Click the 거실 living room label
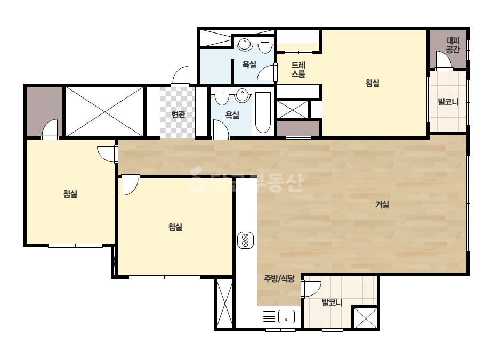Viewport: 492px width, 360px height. (382, 204)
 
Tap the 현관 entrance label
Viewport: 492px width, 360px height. (178, 114)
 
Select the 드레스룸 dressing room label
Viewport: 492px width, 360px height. (298, 69)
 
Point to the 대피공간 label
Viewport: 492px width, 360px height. (453, 45)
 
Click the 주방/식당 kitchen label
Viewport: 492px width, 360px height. (279, 279)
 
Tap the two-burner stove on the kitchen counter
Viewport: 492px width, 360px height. (245, 240)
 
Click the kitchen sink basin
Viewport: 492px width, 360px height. (286, 316)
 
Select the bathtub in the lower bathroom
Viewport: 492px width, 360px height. (263, 112)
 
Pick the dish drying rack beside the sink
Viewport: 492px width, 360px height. (269, 316)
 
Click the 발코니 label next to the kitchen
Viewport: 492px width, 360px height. (332, 302)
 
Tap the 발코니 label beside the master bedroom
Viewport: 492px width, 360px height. (448, 102)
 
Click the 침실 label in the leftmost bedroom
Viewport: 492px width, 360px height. (70, 193)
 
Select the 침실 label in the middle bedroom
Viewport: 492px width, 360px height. (175, 226)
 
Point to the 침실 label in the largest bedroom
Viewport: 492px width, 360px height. (373, 83)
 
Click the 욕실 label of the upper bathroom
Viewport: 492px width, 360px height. (249, 64)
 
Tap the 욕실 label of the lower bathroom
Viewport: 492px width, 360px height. (232, 115)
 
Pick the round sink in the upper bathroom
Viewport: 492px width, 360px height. (244, 44)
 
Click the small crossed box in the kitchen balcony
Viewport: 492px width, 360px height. (366, 318)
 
